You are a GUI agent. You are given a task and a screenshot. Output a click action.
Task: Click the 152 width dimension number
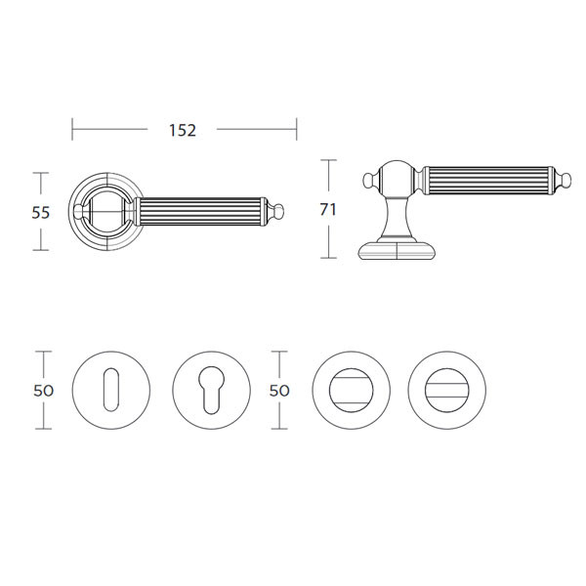[x=183, y=131]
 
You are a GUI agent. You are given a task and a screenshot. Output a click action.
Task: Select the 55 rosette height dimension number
[x=41, y=213]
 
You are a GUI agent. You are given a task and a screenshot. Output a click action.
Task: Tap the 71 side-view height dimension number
[x=328, y=209]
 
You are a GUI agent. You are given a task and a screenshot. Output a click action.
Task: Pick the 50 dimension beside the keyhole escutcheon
[x=44, y=391]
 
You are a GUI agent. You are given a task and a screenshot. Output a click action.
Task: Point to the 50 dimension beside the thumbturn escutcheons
[x=279, y=391]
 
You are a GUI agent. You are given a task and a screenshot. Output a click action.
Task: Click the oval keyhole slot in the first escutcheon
[x=111, y=390]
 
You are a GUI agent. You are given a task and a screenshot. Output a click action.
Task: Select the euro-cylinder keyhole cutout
[x=211, y=390]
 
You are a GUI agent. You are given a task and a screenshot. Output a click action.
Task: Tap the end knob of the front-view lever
[x=277, y=212]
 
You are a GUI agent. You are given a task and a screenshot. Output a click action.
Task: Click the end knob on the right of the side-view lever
[x=565, y=181]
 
